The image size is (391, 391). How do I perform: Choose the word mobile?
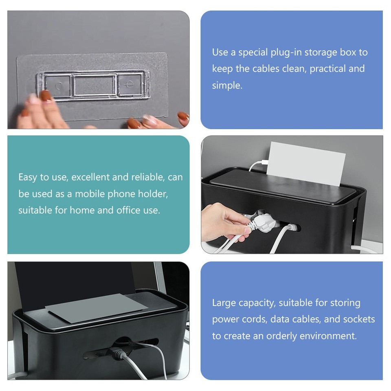pos(88,194)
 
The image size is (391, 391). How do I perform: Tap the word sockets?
pos(359,319)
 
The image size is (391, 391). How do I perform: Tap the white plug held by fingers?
pos(259,222)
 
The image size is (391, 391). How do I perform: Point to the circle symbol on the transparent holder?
pos(59,86)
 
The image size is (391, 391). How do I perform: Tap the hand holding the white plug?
pos(222,222)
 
